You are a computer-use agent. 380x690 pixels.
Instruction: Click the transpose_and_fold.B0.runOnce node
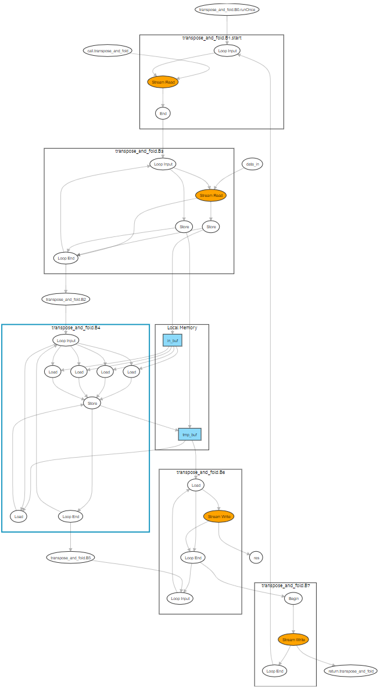tap(227, 10)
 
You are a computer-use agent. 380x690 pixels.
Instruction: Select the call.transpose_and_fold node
tap(107, 51)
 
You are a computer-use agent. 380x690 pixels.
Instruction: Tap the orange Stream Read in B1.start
tap(163, 82)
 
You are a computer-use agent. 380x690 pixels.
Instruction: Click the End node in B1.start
tap(163, 113)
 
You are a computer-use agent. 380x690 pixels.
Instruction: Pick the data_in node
tap(253, 164)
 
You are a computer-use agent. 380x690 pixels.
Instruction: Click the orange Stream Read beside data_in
tap(211, 196)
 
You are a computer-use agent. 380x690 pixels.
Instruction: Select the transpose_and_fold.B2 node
tap(66, 300)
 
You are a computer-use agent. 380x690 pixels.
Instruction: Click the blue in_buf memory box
tap(173, 340)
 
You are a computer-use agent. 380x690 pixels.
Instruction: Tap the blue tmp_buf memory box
tap(189, 434)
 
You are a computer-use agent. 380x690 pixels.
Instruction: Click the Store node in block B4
tap(92, 403)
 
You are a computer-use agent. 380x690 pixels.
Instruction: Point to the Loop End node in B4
tap(70, 515)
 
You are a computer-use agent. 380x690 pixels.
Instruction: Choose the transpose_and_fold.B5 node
tap(70, 558)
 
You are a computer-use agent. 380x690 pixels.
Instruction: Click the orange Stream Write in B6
tap(218, 516)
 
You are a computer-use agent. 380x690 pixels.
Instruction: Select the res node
tap(256, 558)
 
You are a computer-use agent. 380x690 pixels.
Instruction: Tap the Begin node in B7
tap(293, 599)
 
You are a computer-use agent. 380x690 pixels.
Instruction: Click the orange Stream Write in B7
tap(293, 639)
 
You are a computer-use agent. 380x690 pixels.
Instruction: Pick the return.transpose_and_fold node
tap(350, 671)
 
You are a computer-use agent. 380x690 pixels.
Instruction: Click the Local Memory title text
tap(182, 328)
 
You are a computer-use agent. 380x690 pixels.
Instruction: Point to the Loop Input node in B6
tap(180, 598)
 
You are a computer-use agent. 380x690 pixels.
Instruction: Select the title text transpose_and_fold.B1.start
tap(211, 38)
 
